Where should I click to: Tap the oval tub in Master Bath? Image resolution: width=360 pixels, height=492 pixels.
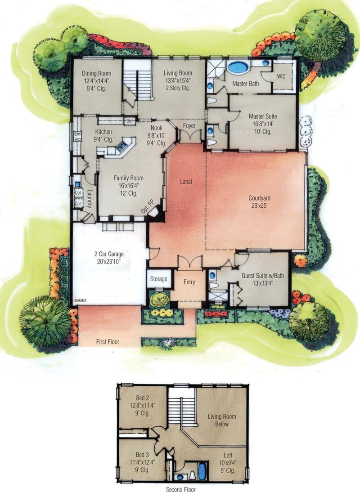(238, 68)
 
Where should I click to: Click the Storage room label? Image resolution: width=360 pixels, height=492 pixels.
(158, 279)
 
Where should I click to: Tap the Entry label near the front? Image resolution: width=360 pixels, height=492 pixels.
(189, 282)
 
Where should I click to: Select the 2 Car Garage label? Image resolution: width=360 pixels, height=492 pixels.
(110, 254)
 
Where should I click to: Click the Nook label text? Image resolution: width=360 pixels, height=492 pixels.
(156, 127)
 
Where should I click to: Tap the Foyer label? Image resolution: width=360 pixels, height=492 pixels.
(189, 126)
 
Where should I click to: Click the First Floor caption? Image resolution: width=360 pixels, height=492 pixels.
(108, 342)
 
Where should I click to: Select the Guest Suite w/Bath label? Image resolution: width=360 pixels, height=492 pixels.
(261, 275)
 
